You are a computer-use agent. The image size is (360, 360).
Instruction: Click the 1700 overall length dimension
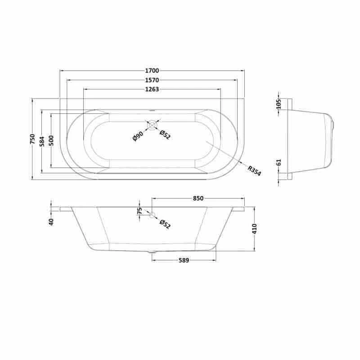[x=152, y=71]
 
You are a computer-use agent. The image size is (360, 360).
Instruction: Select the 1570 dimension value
[x=152, y=80]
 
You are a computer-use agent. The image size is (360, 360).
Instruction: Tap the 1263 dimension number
[x=152, y=89]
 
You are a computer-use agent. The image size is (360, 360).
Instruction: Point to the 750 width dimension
[x=32, y=139]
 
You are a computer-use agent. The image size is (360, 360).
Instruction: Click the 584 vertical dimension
[x=42, y=141]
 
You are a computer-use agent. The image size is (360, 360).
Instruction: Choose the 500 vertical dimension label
[x=51, y=140]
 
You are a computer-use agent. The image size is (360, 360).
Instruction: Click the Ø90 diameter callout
[x=138, y=136]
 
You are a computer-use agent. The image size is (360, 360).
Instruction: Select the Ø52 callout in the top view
[x=165, y=135]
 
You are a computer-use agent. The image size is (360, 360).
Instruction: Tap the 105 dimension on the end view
[x=279, y=104]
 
